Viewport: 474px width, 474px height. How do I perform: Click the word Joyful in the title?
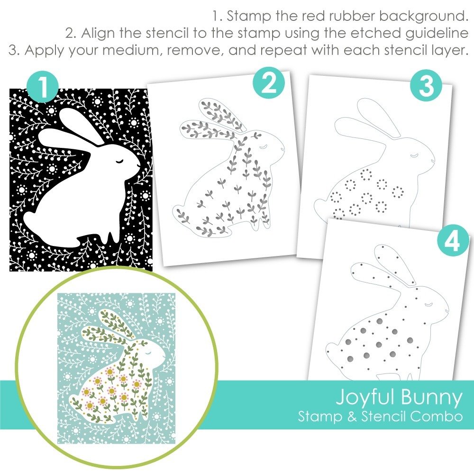click(x=363, y=398)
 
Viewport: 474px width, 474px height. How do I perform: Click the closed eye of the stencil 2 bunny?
click(x=264, y=147)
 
